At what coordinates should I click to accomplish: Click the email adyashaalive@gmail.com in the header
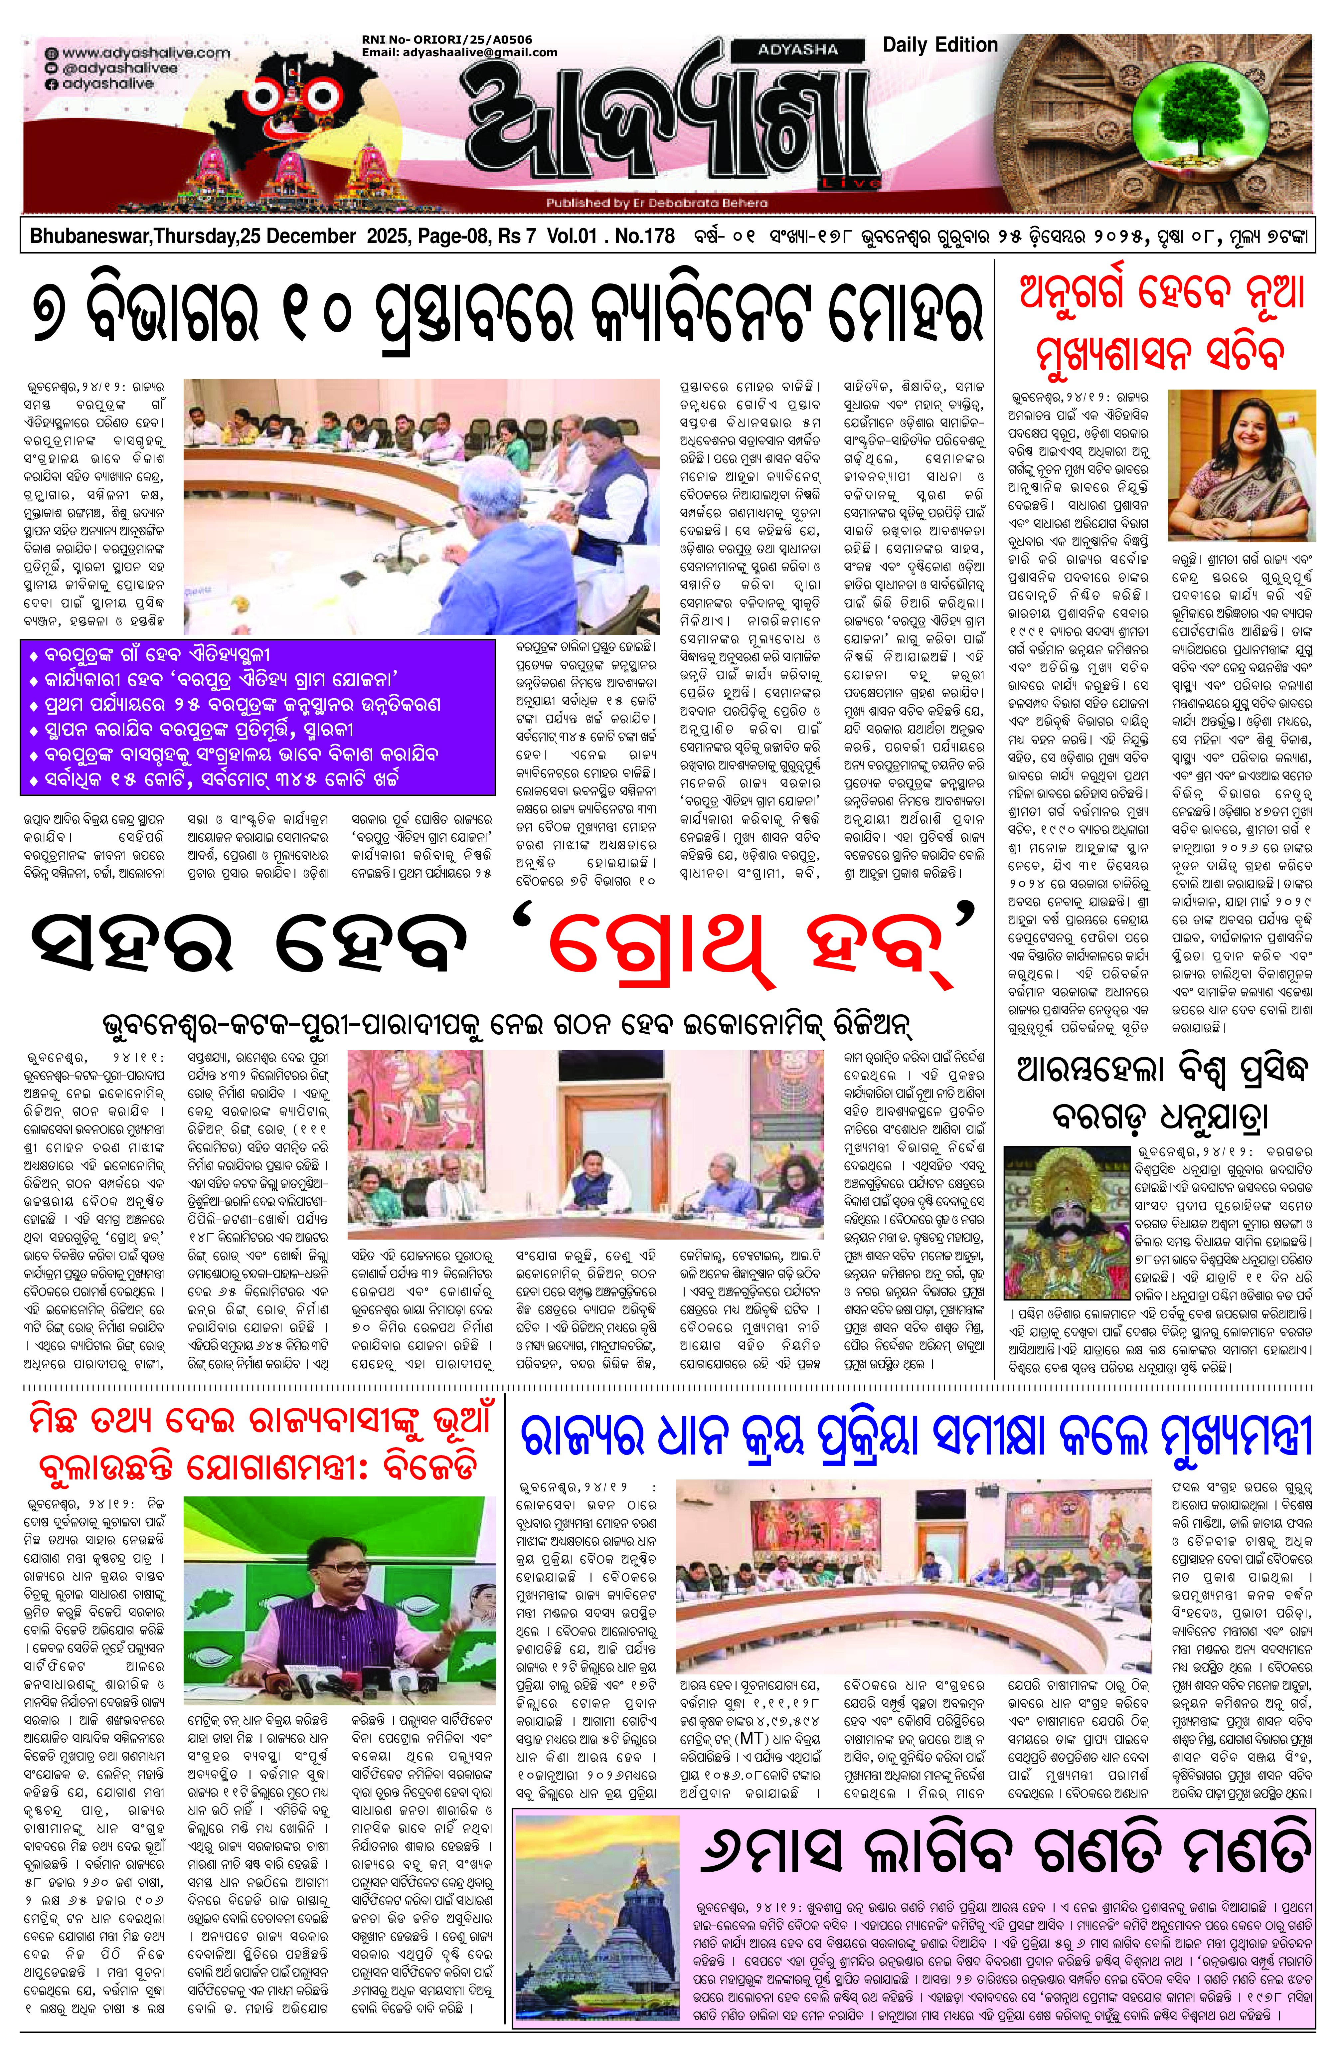[x=459, y=52]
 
